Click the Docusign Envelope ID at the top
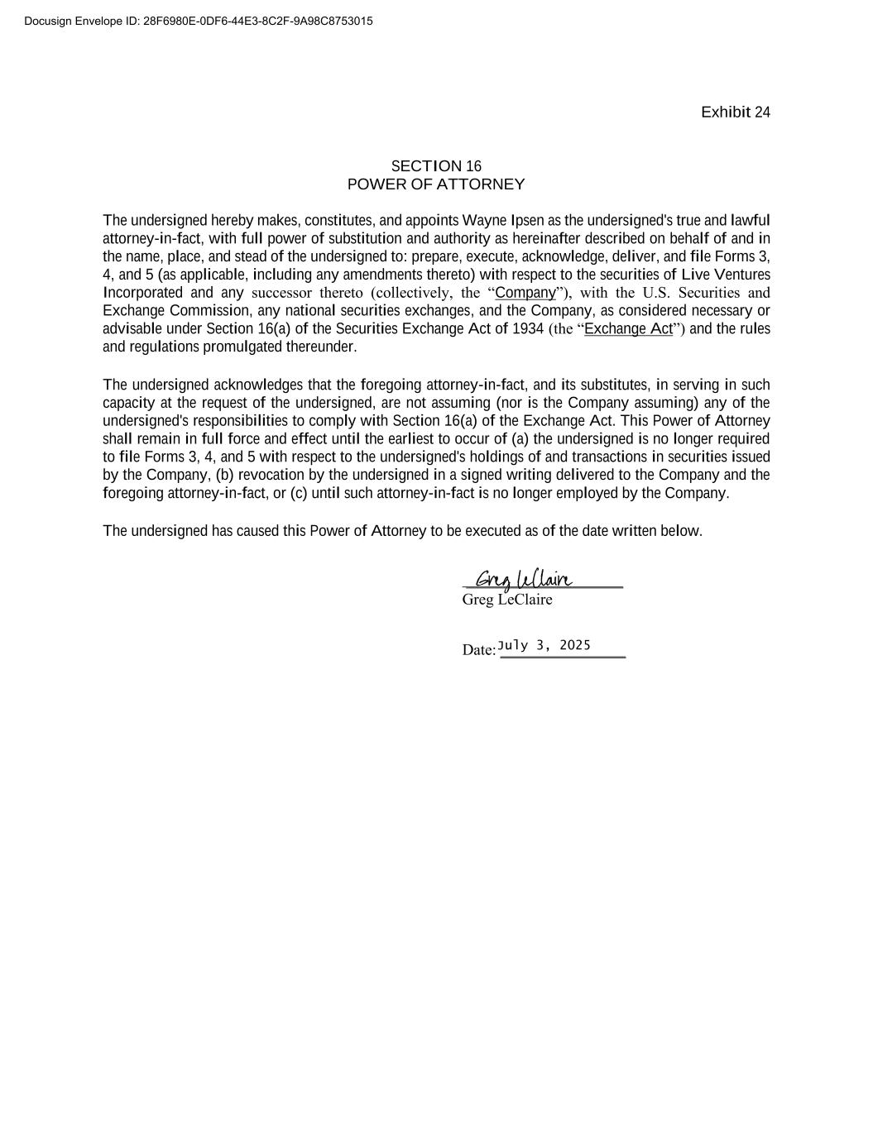(x=199, y=21)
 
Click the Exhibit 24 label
(x=735, y=112)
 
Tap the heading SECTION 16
(x=436, y=166)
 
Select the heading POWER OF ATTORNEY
(x=436, y=184)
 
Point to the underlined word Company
(x=525, y=293)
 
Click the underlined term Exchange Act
(x=628, y=329)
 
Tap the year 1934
(x=528, y=329)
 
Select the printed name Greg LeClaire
(x=506, y=600)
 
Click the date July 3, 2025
(x=544, y=645)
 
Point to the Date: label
(x=479, y=650)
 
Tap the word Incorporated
(x=142, y=293)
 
